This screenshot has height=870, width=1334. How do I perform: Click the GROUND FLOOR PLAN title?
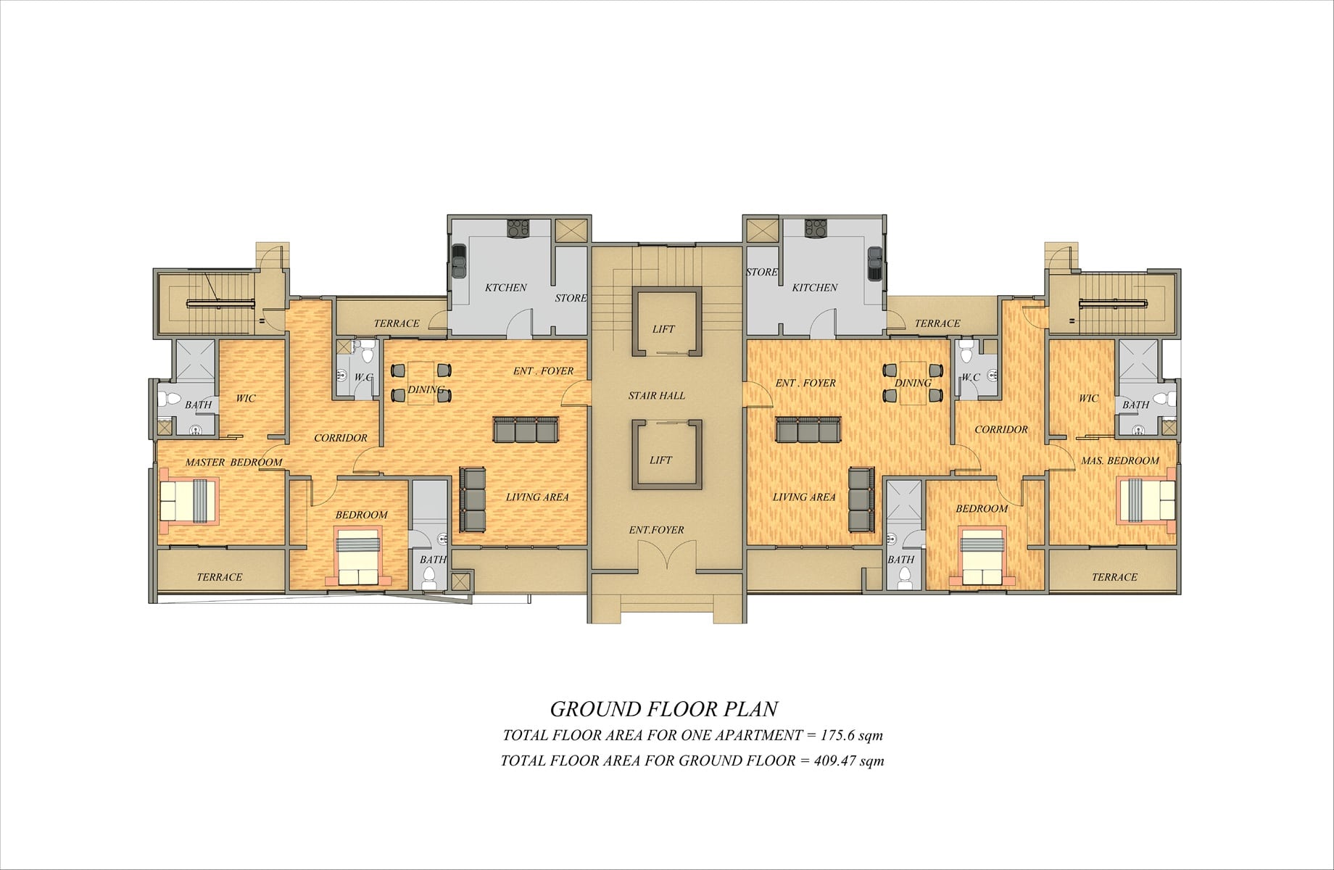(x=663, y=708)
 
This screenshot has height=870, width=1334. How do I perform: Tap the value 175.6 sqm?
(x=851, y=735)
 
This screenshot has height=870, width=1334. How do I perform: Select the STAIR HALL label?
(x=656, y=396)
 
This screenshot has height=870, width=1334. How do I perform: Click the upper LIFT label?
(x=663, y=329)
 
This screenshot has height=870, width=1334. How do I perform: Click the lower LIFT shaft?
(x=666, y=455)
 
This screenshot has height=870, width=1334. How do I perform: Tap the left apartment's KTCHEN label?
(x=505, y=288)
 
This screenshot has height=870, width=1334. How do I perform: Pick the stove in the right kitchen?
(x=815, y=228)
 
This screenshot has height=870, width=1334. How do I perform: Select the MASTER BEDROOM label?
(x=233, y=463)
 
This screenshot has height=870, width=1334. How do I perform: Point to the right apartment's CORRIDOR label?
(x=1000, y=430)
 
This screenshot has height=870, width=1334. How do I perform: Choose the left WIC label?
(x=245, y=399)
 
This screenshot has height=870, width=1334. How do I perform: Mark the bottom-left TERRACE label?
(x=219, y=578)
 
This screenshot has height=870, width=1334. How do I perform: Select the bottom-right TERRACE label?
(x=1114, y=578)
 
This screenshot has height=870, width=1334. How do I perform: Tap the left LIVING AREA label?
(x=536, y=497)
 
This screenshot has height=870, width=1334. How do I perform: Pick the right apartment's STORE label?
(x=761, y=273)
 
